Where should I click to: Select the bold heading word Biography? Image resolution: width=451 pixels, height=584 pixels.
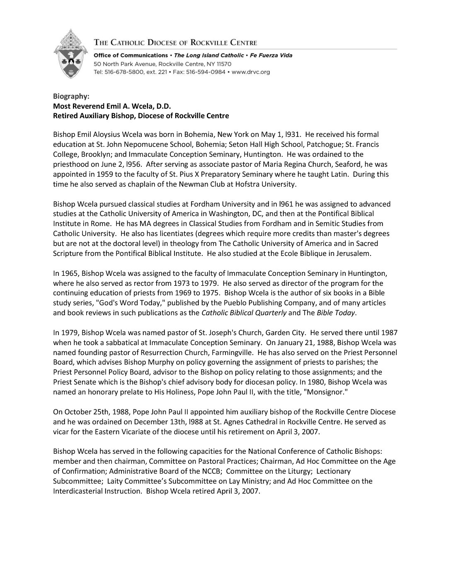(71, 96)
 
